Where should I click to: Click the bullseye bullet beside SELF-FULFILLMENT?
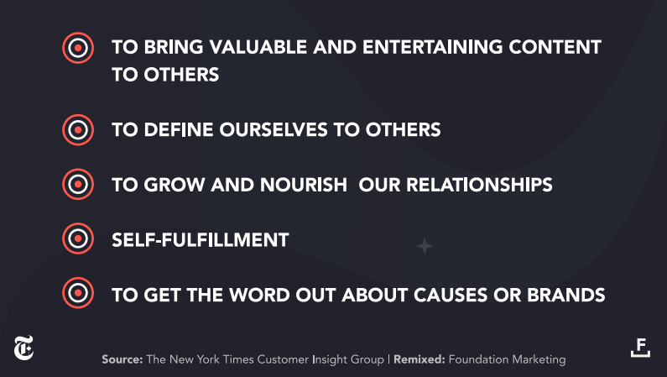[78, 238]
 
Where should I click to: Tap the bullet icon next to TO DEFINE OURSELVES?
[78, 130]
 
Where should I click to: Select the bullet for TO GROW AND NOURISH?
[78, 184]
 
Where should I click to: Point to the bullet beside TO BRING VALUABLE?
[78, 48]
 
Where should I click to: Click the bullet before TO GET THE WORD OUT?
[78, 293]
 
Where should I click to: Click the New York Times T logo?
[23, 348]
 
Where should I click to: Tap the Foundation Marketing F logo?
[640, 348]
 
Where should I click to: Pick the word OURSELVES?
[274, 130]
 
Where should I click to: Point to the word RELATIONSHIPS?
[479, 185]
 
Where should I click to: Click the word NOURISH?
[304, 185]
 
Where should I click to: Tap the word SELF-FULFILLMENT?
[201, 240]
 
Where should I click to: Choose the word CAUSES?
[451, 296]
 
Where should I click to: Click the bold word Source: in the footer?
[122, 359]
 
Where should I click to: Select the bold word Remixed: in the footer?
[419, 359]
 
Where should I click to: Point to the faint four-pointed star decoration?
[424, 246]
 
